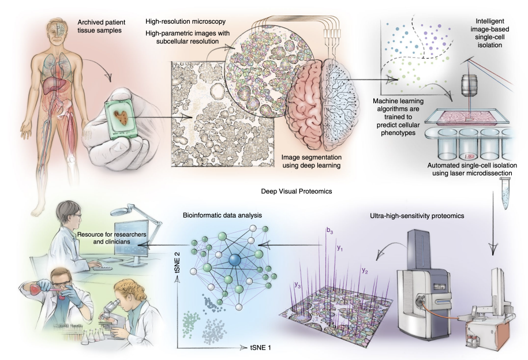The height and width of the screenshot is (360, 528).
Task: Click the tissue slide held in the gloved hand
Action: pos(120,115)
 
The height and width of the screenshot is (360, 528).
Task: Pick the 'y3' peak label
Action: pos(298,284)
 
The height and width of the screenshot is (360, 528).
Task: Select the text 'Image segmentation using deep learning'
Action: pos(312,161)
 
